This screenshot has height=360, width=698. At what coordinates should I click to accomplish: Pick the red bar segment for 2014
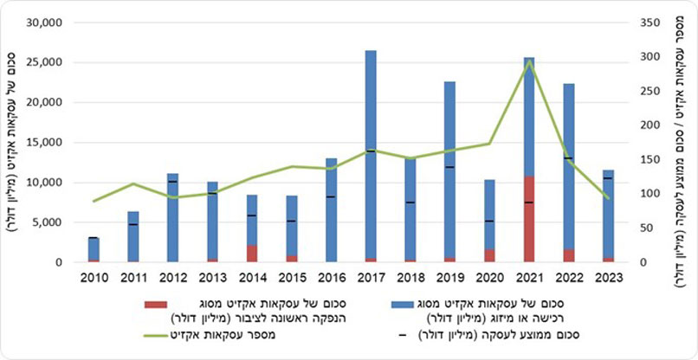point(252,253)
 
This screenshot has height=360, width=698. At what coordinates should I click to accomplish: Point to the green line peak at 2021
point(529,61)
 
